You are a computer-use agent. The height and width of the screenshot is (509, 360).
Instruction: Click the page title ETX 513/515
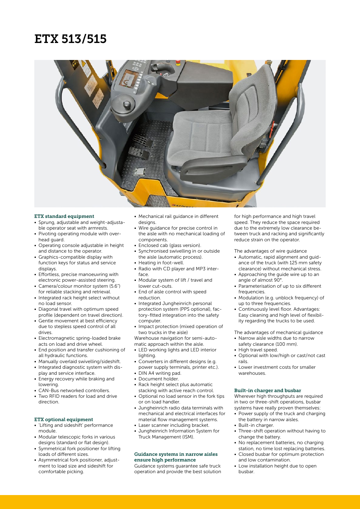point(71,39)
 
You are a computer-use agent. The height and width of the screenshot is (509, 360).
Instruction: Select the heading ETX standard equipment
point(64,216)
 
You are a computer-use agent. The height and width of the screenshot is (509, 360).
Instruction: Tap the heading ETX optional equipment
point(63,420)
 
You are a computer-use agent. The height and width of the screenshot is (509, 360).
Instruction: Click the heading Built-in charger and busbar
point(268,391)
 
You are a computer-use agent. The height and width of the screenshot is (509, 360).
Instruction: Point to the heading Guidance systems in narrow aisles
point(176,454)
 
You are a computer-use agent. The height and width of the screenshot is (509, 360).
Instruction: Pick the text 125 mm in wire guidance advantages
point(298,263)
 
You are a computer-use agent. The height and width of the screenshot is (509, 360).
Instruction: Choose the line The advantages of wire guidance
point(271,251)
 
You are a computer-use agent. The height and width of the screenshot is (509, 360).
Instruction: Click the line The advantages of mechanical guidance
point(278,333)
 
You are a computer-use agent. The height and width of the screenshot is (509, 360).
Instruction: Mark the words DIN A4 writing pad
point(160,373)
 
